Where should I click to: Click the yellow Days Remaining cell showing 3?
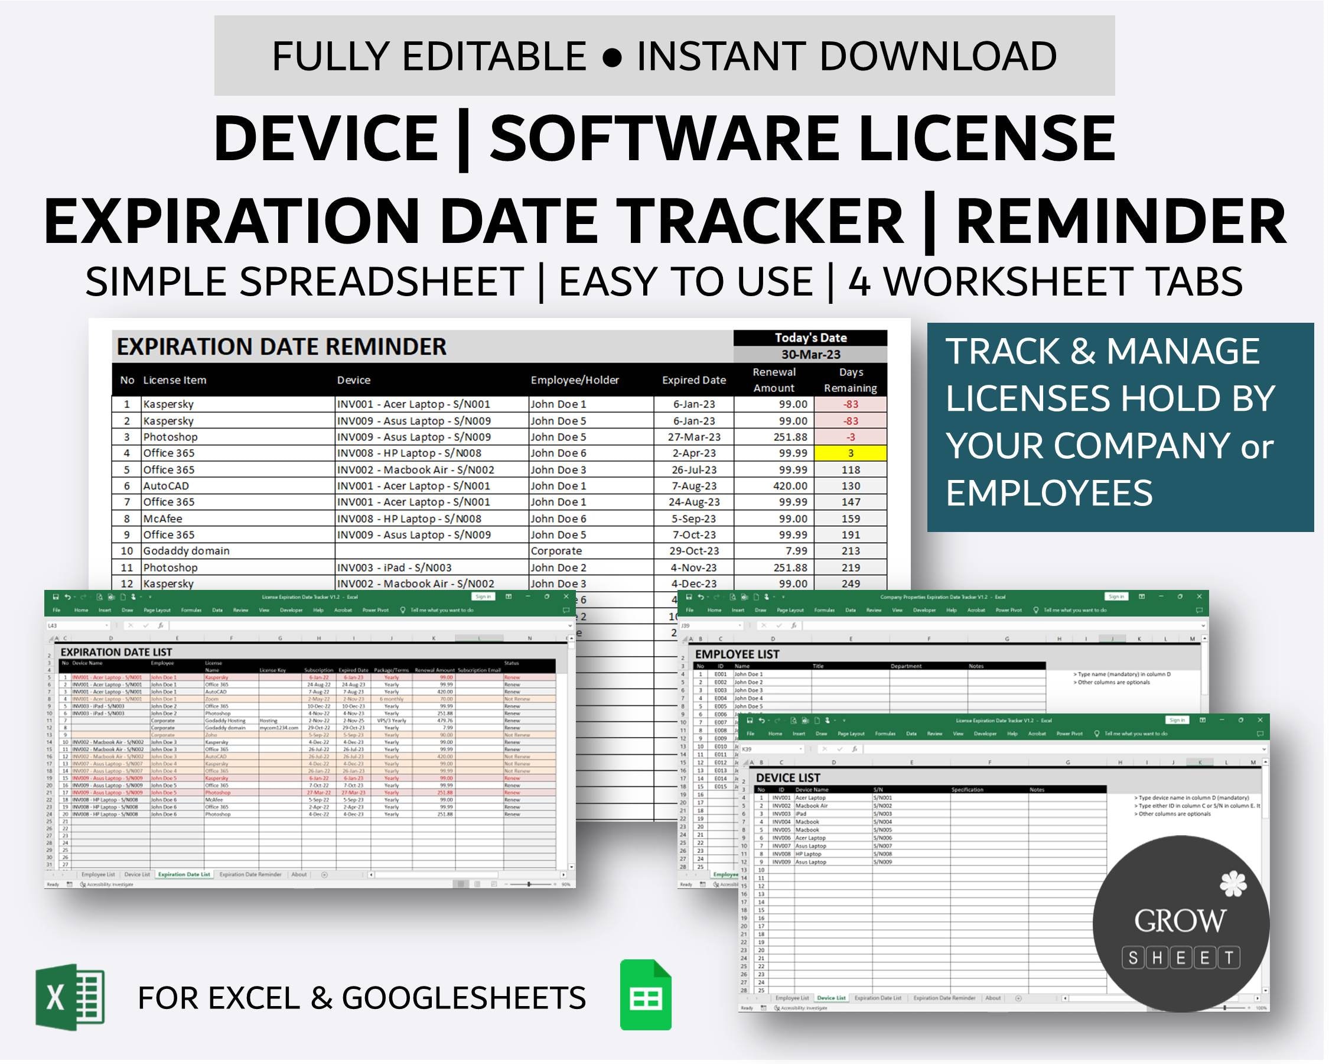(850, 453)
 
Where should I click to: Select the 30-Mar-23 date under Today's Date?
(810, 355)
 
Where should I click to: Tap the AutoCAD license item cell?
(165, 486)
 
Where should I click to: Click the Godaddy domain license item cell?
(186, 551)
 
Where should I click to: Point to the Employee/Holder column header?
(575, 380)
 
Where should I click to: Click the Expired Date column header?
(693, 380)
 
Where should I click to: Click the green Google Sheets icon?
(646, 995)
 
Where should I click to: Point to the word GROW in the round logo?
(1179, 921)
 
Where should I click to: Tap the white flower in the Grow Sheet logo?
(1232, 884)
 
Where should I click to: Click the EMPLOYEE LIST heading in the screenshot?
(737, 654)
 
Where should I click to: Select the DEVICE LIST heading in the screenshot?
(788, 778)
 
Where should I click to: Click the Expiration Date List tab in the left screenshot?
(184, 874)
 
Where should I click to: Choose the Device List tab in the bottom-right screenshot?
(831, 997)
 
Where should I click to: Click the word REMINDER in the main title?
(1120, 221)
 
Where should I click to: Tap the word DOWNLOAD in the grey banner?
(937, 56)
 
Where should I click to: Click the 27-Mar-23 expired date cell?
(693, 437)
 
